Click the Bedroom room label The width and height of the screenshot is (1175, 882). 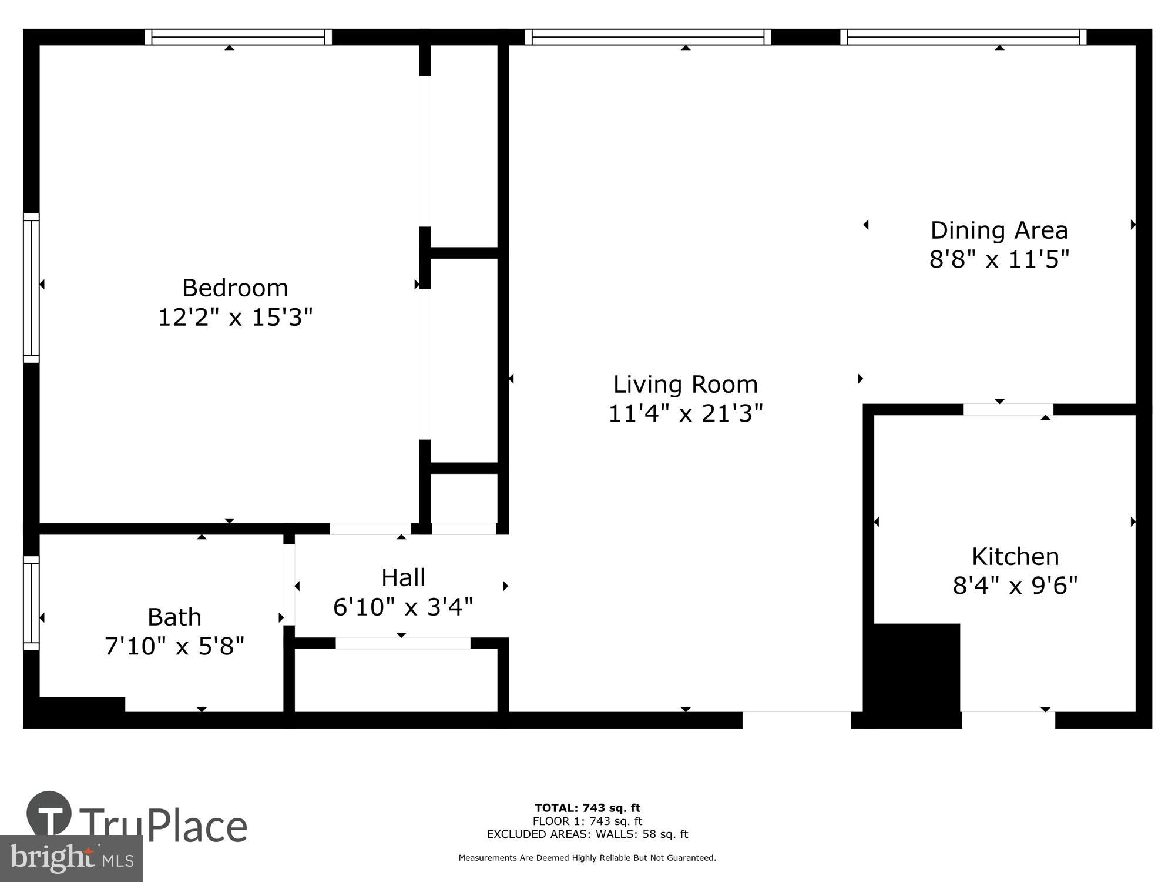click(x=235, y=288)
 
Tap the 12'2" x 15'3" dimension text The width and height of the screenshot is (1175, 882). click(x=235, y=318)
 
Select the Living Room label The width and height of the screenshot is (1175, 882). click(x=685, y=385)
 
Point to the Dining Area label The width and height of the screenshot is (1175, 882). click(x=999, y=230)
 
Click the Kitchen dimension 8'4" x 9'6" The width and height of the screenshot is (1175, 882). click(x=1015, y=586)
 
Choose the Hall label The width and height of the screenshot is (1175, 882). click(x=403, y=577)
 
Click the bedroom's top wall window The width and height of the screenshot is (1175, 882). click(x=238, y=37)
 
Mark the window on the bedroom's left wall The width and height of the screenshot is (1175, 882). click(x=31, y=288)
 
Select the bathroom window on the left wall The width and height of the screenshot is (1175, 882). click(x=31, y=603)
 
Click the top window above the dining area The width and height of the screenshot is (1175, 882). click(x=963, y=37)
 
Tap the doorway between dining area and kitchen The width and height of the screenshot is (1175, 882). click(x=1008, y=409)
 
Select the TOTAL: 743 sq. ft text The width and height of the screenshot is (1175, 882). click(x=587, y=808)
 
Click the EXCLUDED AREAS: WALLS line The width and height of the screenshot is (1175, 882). click(x=587, y=834)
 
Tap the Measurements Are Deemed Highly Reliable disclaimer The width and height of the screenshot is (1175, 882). click(x=587, y=858)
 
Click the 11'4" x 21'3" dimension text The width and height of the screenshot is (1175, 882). click(x=685, y=413)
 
